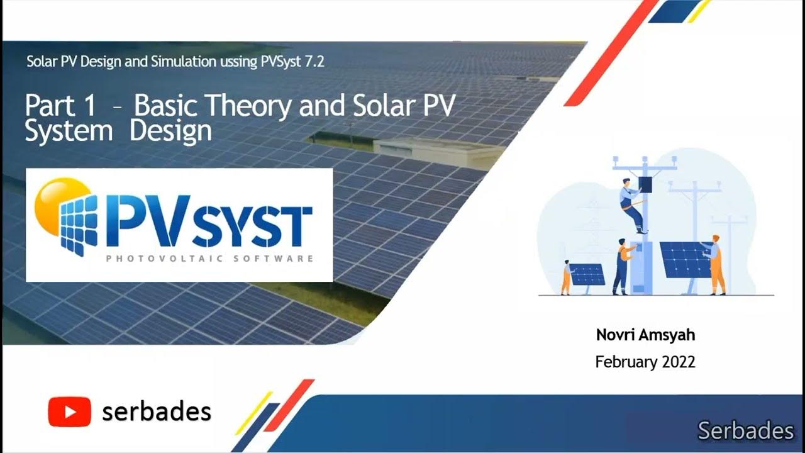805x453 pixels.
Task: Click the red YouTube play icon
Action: (x=69, y=411)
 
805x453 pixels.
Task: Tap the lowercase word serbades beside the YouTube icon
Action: (x=157, y=411)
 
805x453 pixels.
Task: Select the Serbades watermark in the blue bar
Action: (x=745, y=431)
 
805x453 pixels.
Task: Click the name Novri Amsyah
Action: (x=645, y=335)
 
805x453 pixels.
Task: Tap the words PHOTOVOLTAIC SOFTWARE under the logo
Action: (x=209, y=259)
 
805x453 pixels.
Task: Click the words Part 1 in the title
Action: (x=60, y=106)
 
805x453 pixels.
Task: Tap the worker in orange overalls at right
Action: (x=716, y=264)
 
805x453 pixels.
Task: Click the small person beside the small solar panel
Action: (x=566, y=277)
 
